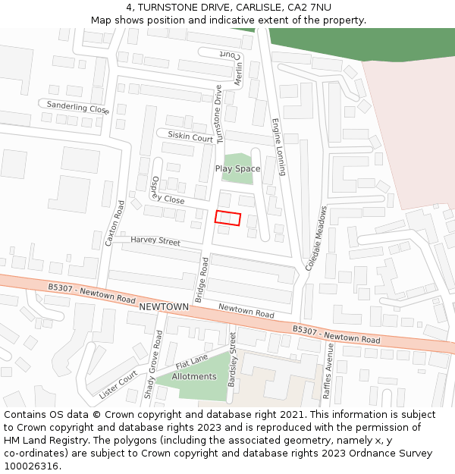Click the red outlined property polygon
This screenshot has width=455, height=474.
[227, 218]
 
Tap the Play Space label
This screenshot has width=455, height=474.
[237, 168]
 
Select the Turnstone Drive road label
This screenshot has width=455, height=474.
[219, 115]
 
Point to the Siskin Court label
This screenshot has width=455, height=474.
[190, 137]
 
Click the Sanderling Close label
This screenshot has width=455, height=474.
[78, 107]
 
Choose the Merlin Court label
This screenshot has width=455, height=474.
[231, 68]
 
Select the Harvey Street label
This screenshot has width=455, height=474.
[155, 240]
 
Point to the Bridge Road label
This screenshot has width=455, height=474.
[202, 280]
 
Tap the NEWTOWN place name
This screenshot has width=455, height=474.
[164, 306]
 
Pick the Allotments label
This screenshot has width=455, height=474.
[194, 376]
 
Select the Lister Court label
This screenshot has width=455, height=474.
[118, 385]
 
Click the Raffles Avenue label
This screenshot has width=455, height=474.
[328, 371]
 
